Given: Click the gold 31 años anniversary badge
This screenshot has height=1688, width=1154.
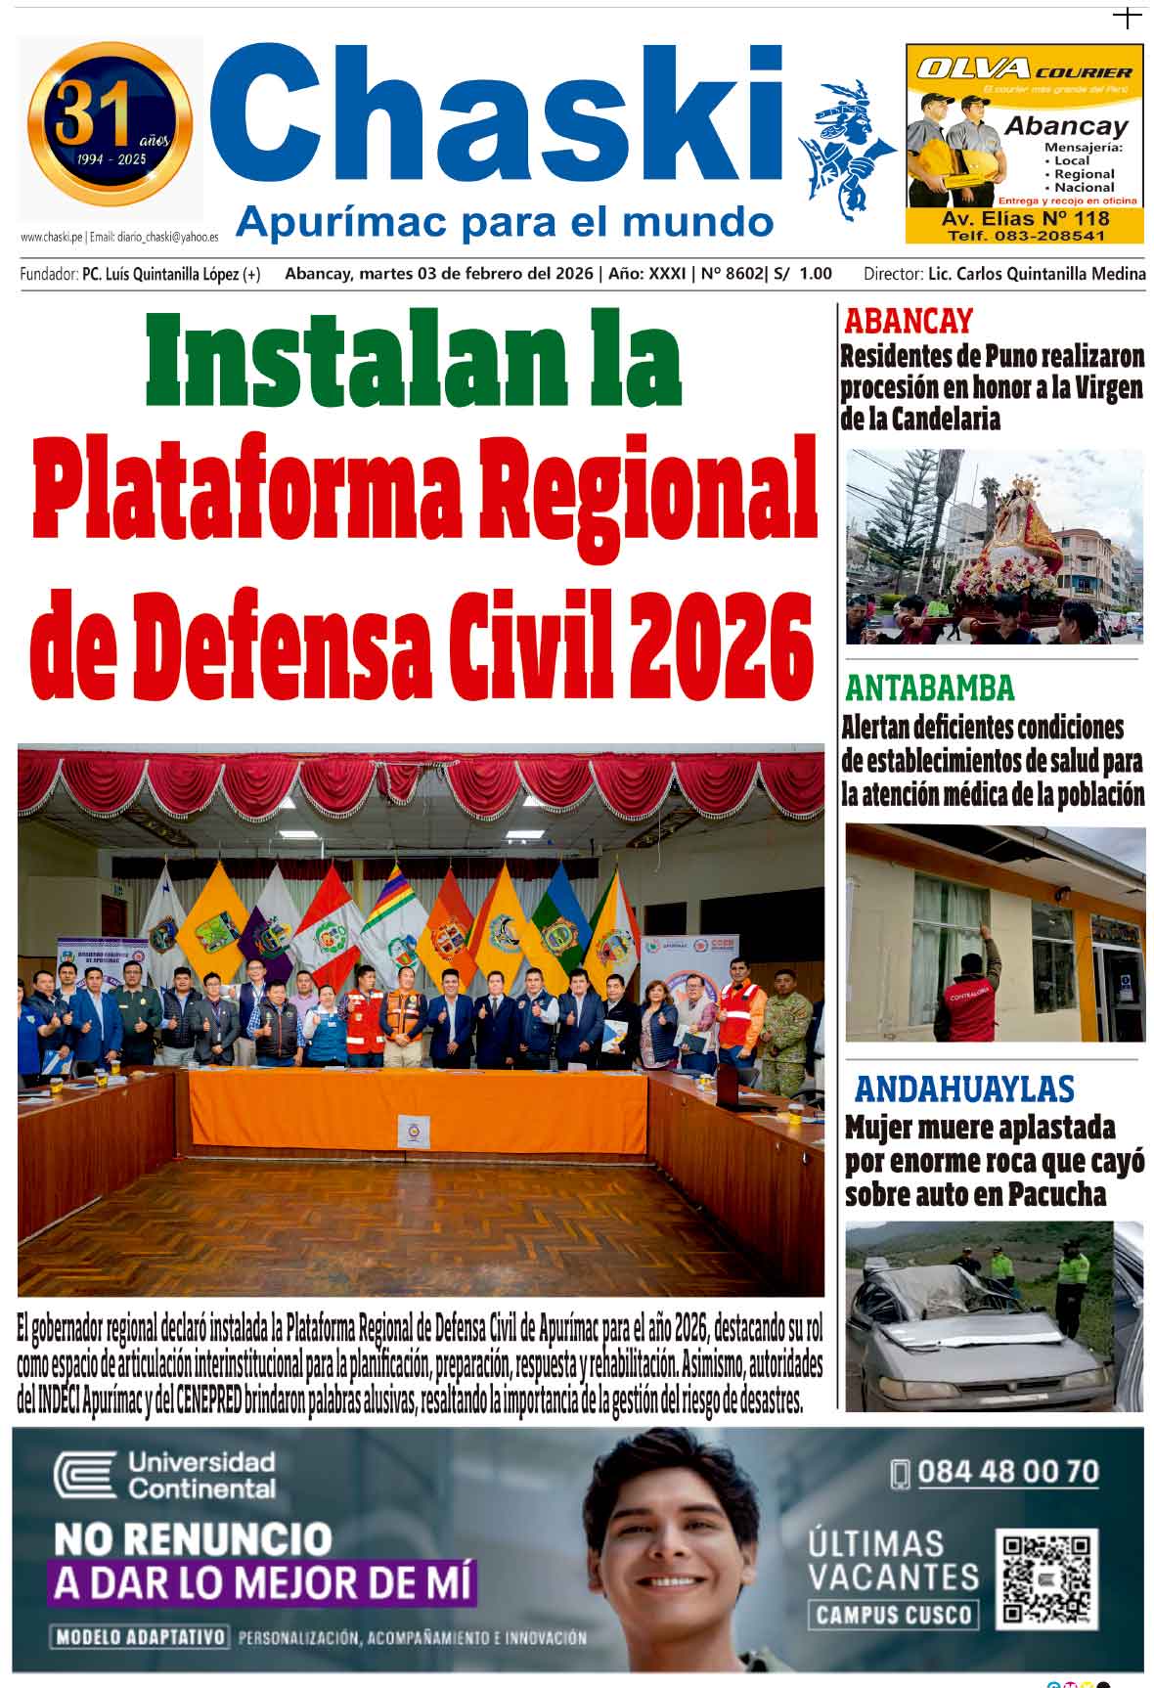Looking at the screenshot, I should pyautogui.click(x=110, y=124).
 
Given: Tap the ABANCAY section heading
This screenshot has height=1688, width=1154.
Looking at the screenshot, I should pyautogui.click(x=909, y=321).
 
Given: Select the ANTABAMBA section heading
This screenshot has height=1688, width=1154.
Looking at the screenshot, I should pyautogui.click(x=930, y=689).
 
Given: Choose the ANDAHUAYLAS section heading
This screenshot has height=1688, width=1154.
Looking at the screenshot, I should pyautogui.click(x=963, y=1089).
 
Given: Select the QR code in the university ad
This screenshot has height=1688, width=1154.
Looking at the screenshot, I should pyautogui.click(x=1046, y=1577).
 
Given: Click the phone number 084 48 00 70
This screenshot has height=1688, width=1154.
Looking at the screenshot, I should pyautogui.click(x=1006, y=1472).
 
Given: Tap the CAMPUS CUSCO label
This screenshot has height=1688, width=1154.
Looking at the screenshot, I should pyautogui.click(x=892, y=1614).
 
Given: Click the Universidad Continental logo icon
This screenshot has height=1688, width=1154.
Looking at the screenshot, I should pyautogui.click(x=85, y=1476).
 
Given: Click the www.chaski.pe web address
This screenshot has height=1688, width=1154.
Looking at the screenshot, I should pyautogui.click(x=51, y=237).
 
